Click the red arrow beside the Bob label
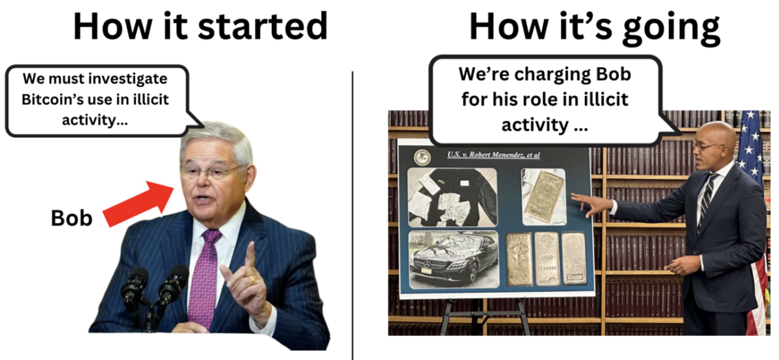(x=139, y=203)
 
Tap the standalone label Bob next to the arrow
(x=71, y=218)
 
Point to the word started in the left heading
(x=263, y=27)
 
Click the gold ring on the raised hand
(x=252, y=280)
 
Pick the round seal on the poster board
(x=422, y=157)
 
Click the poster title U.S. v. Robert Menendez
(x=493, y=155)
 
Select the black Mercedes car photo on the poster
(x=454, y=259)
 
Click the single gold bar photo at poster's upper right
(x=543, y=197)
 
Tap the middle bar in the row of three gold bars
(x=547, y=259)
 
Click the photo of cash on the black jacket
(x=452, y=198)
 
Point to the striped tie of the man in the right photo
(x=707, y=202)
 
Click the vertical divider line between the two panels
(x=352, y=216)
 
